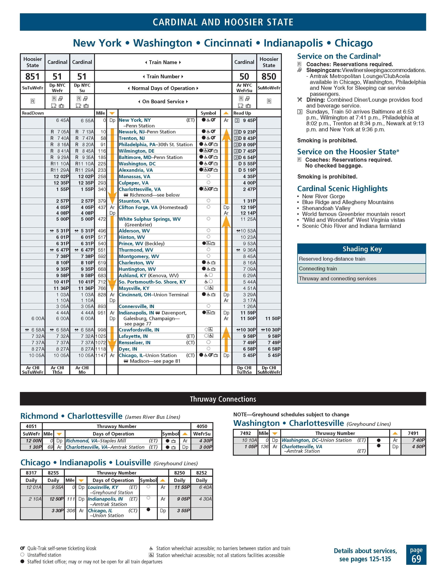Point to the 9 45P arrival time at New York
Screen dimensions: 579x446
point(249,120)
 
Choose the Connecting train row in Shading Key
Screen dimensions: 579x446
point(318,268)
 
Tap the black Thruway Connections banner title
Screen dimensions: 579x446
point(223,399)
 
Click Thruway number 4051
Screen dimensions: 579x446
point(31,426)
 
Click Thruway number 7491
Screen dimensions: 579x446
point(413,433)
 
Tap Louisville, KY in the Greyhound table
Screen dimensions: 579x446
point(103,487)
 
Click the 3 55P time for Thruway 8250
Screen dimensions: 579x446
point(184,511)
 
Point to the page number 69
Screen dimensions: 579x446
point(416,559)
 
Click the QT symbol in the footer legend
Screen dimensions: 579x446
point(23,548)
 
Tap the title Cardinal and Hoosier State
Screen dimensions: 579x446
point(223,22)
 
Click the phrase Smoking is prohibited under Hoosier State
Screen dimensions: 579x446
point(327,177)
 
